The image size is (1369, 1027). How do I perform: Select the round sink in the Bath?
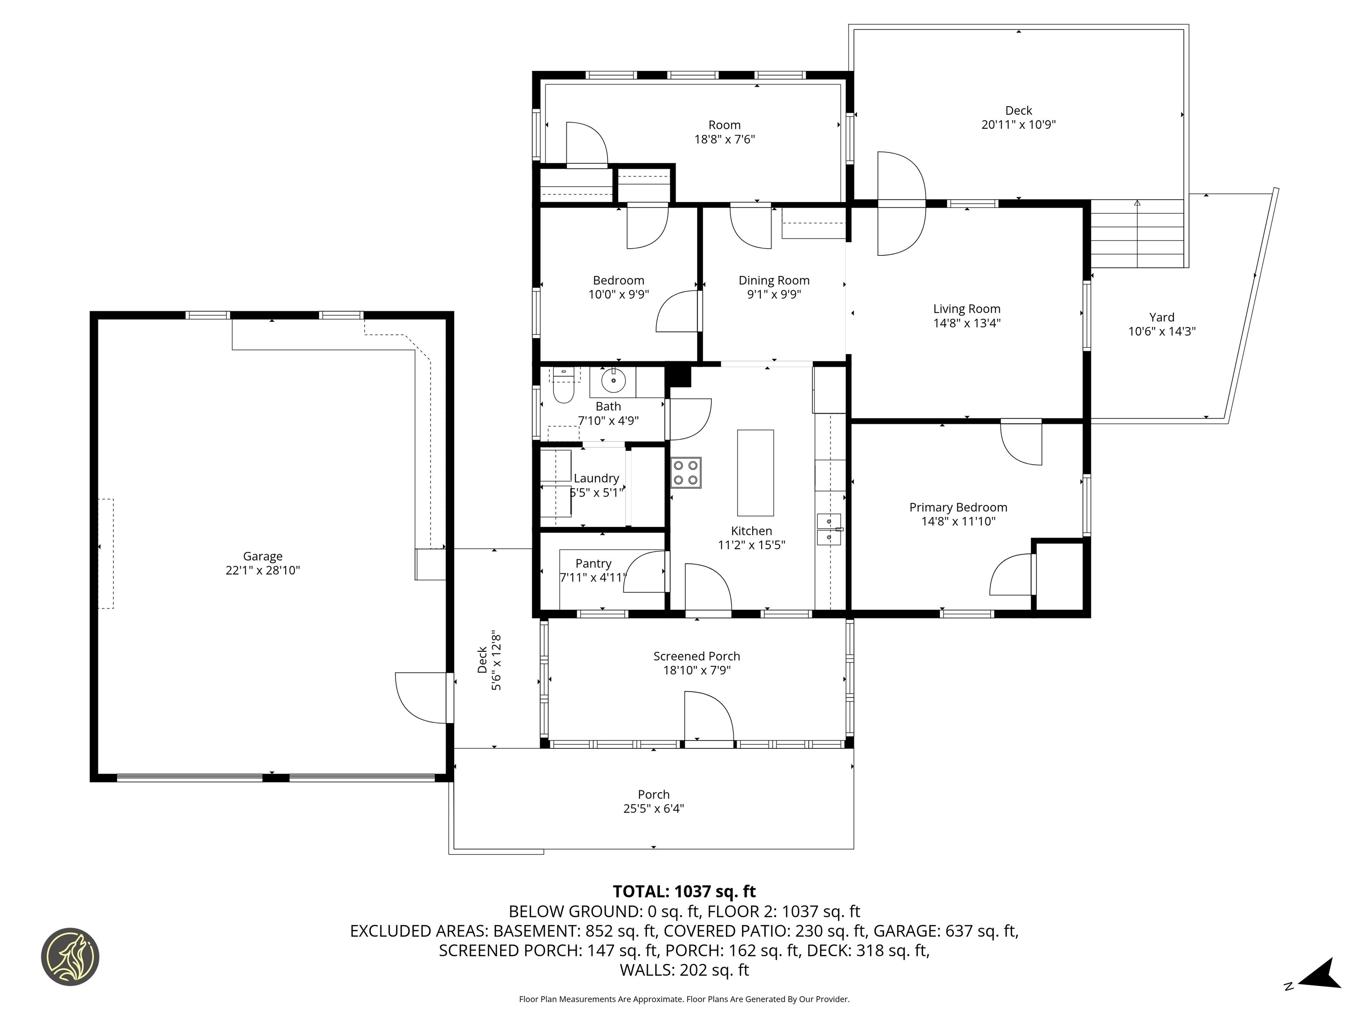pyautogui.click(x=613, y=381)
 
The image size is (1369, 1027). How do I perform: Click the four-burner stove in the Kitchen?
pyautogui.click(x=686, y=473)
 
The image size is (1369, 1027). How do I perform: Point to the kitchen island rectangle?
pyautogui.click(x=755, y=473)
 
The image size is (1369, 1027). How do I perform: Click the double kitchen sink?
pyautogui.click(x=829, y=529)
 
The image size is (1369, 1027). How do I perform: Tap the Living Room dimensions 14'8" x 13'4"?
pyautogui.click(x=967, y=323)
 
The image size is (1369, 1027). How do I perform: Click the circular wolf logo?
pyautogui.click(x=70, y=957)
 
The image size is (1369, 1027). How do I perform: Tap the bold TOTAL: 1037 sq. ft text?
pyautogui.click(x=684, y=891)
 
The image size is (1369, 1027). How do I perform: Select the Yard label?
pyautogui.click(x=1162, y=317)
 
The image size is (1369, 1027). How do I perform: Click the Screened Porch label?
pyautogui.click(x=696, y=656)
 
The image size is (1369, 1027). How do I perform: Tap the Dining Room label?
pyautogui.click(x=774, y=280)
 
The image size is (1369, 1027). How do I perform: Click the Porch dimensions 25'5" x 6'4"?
pyautogui.click(x=654, y=809)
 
